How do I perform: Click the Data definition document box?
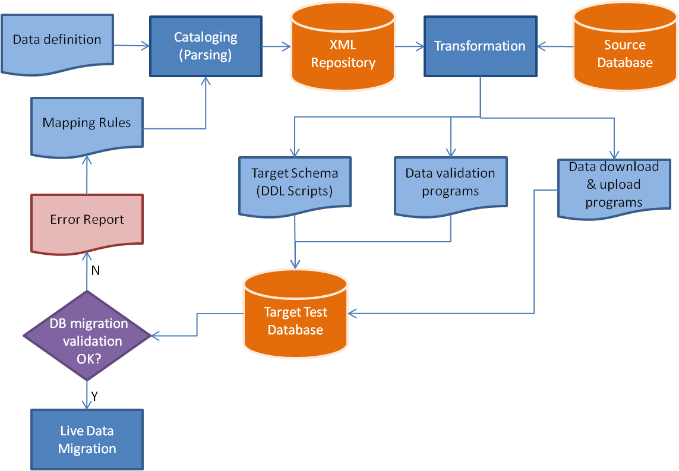click(57, 43)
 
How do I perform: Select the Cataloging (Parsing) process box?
click(206, 46)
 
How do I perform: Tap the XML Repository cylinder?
click(343, 47)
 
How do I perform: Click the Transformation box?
click(480, 46)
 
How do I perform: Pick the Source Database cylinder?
click(625, 47)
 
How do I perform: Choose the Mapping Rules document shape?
click(87, 126)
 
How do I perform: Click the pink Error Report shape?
click(87, 223)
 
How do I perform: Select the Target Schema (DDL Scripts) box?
click(295, 185)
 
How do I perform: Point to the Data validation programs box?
click(451, 185)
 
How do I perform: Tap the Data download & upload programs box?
click(614, 188)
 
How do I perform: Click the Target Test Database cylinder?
click(296, 314)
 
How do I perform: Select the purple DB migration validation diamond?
click(87, 336)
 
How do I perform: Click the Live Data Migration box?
click(87, 440)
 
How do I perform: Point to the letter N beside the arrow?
click(96, 271)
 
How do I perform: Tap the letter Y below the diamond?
click(94, 396)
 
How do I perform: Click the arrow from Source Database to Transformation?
click(555, 46)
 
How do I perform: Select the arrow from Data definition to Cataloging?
click(132, 46)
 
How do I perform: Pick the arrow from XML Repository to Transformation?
click(410, 46)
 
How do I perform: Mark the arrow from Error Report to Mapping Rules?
click(87, 175)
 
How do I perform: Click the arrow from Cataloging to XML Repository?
click(277, 46)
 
